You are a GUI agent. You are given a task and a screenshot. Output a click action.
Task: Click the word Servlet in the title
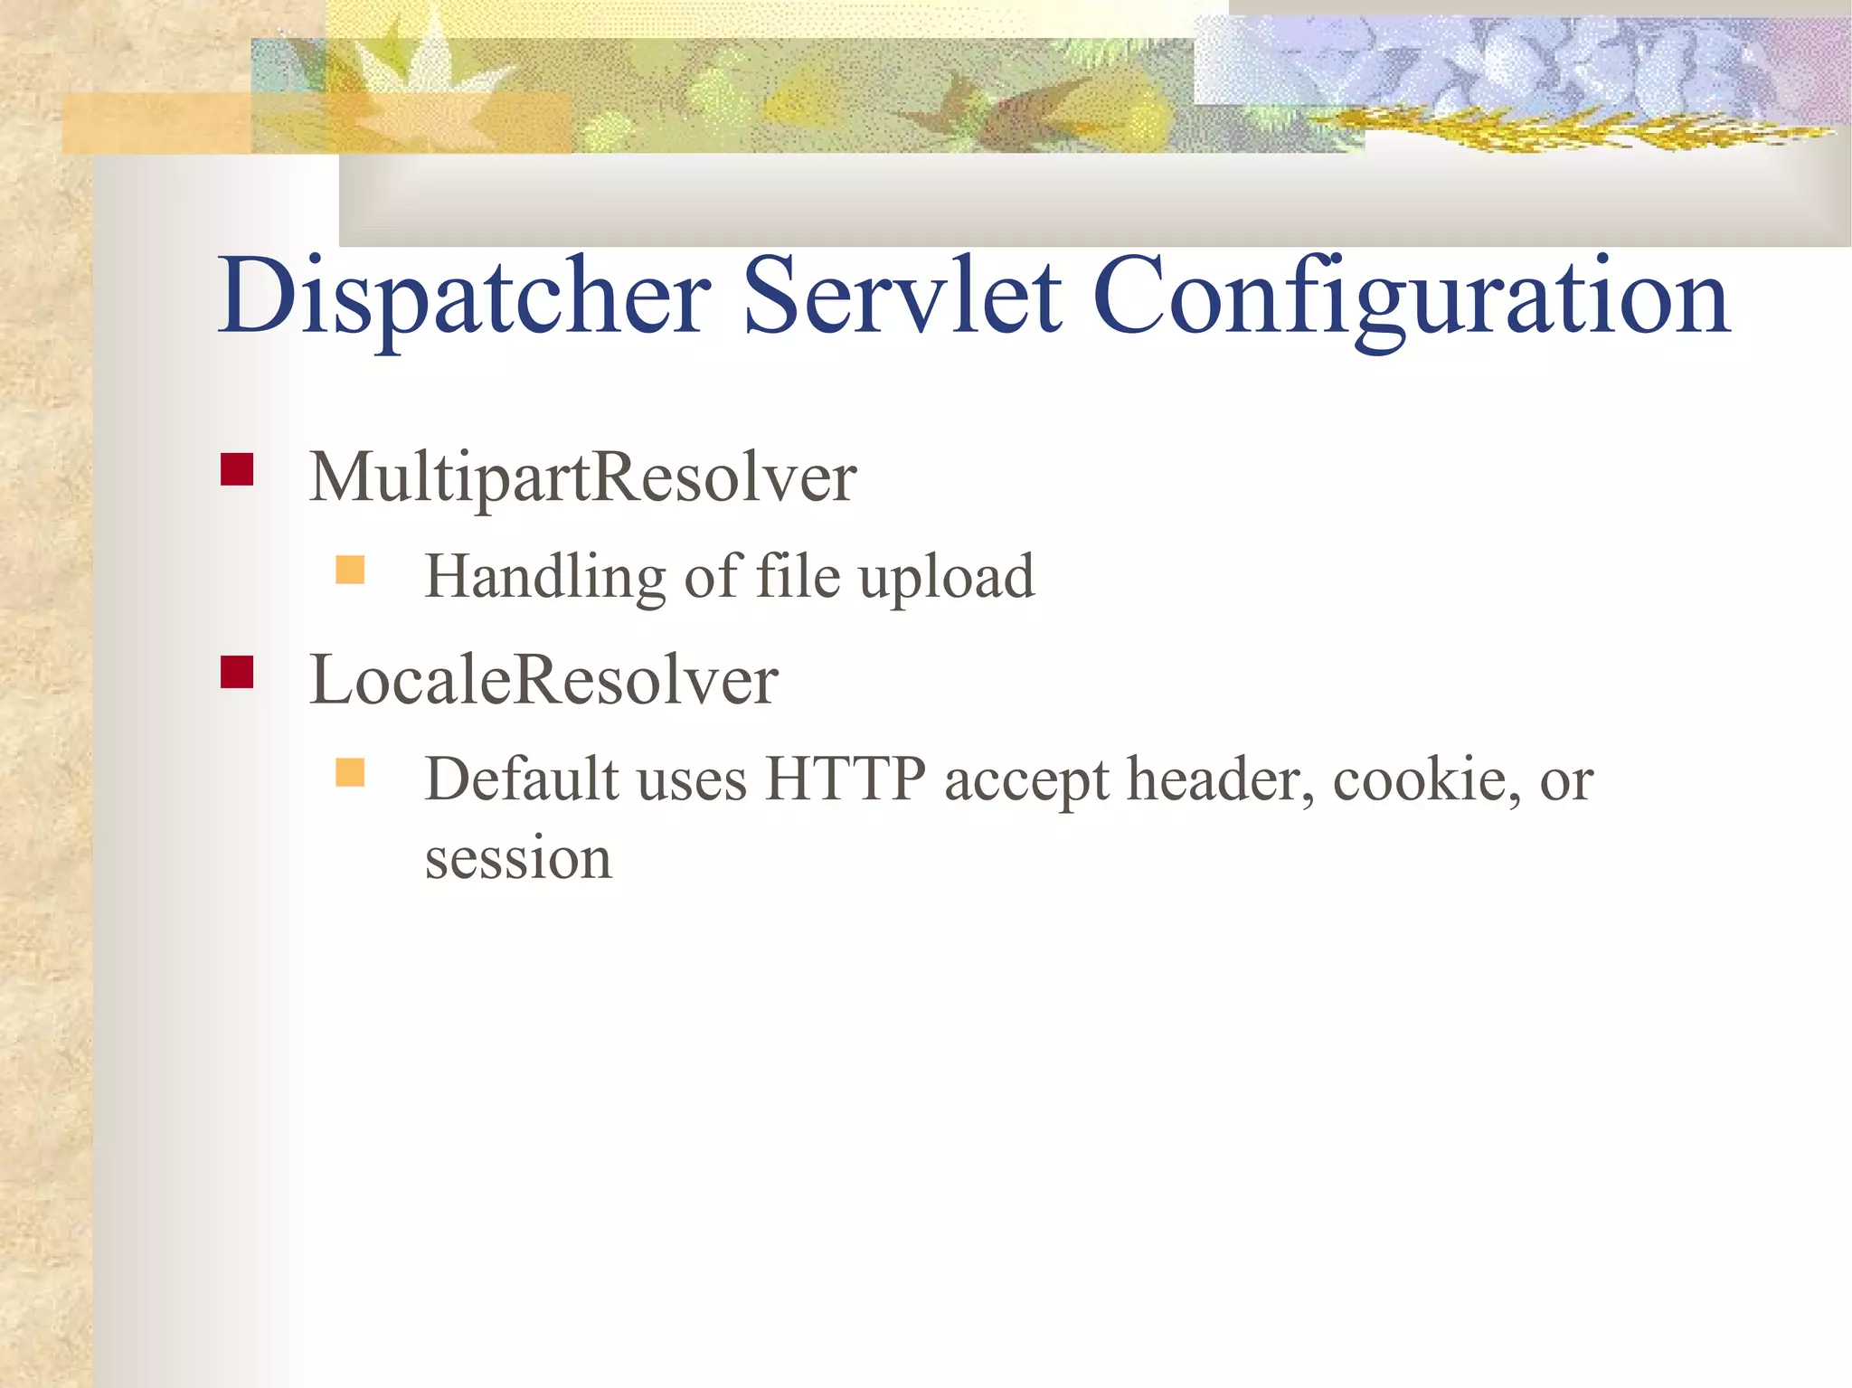point(902,297)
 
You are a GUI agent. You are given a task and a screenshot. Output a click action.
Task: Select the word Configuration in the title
point(1412,298)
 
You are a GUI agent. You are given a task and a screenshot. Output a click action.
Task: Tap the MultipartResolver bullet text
point(582,477)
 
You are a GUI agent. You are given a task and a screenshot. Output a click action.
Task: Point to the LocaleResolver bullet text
point(543,680)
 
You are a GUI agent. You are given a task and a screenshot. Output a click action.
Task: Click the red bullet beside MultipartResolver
point(237,470)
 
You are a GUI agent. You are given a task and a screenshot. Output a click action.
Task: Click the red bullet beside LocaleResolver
point(237,673)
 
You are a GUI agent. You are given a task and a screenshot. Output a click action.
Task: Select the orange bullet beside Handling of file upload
point(350,571)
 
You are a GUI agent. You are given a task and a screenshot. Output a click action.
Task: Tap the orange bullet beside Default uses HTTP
point(350,773)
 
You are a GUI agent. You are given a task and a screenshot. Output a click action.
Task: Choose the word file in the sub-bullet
point(798,576)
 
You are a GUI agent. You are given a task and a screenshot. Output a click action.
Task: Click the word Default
point(522,779)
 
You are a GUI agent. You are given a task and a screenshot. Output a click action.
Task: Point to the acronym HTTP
point(846,779)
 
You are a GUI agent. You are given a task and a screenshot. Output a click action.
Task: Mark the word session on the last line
point(518,858)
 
